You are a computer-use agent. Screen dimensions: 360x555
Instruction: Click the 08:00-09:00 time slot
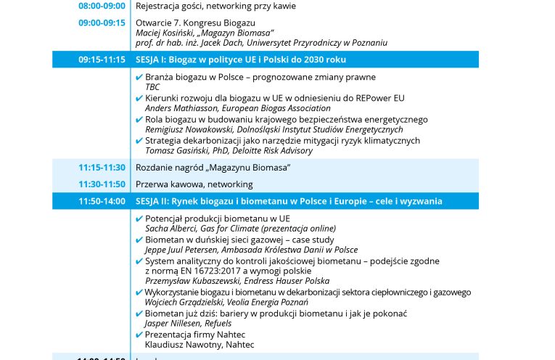click(102, 6)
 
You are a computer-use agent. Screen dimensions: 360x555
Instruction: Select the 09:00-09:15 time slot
click(102, 22)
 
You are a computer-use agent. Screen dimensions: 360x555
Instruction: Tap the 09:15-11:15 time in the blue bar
click(102, 60)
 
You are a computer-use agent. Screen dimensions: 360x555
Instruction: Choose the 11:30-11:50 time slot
click(102, 184)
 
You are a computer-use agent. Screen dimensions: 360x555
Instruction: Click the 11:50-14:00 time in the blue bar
click(102, 201)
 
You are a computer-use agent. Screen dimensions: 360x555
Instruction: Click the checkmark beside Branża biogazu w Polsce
click(139, 77)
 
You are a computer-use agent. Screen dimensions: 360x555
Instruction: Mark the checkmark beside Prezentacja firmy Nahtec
click(139, 335)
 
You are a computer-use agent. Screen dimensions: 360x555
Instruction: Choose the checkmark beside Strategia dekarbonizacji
click(139, 141)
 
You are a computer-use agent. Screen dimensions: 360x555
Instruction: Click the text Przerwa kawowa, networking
click(194, 184)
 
